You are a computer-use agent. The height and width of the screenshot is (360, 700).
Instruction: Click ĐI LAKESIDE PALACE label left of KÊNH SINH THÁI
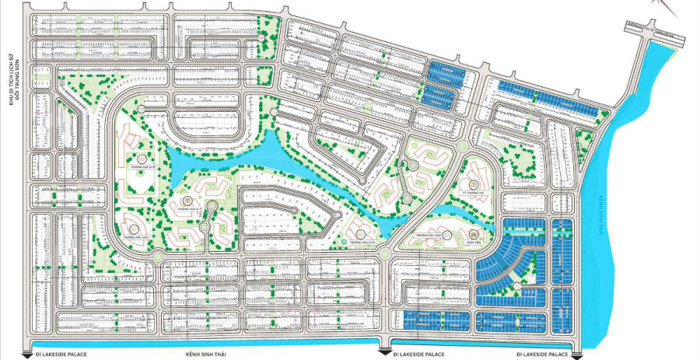61,355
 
